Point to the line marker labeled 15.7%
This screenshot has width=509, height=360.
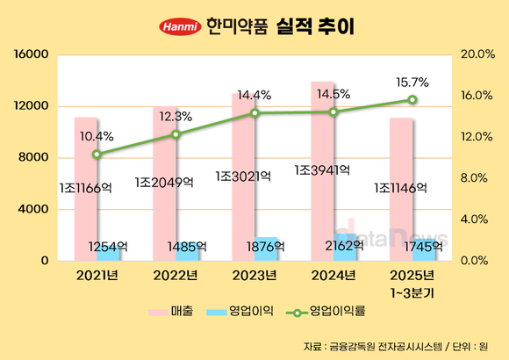point(412,99)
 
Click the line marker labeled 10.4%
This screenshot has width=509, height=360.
point(97,154)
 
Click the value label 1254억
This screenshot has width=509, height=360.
point(111,248)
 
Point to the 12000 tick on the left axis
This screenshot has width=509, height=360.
point(31,106)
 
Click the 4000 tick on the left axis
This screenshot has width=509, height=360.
point(33,209)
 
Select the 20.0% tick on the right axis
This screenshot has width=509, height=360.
point(477,54)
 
